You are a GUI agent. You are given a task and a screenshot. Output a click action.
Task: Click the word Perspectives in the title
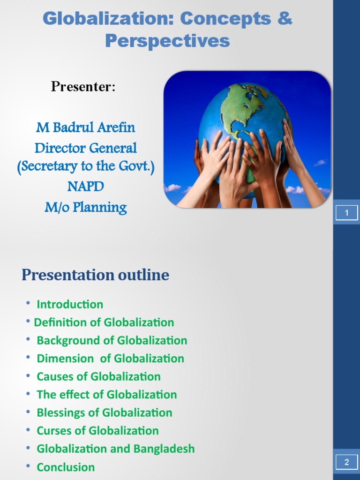[167, 41]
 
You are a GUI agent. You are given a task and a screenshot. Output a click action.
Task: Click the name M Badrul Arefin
[85, 127]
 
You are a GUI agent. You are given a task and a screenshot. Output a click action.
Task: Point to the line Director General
[86, 148]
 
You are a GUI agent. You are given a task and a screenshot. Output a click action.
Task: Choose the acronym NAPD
[85, 187]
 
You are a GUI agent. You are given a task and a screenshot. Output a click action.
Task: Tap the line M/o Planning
[86, 207]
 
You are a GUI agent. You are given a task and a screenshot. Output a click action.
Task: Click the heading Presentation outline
[95, 275]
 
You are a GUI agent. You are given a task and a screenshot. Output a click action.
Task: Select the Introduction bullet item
[70, 304]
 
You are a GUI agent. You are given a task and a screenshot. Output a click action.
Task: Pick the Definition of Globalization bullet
[104, 322]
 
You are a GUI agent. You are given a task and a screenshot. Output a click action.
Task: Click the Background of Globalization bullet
[112, 340]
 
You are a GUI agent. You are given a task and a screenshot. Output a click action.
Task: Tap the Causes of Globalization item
[98, 376]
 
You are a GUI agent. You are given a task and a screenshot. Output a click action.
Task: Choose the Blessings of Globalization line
[105, 412]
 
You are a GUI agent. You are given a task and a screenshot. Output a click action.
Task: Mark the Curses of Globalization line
[97, 430]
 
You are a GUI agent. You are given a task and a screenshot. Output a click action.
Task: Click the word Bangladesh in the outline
[164, 449]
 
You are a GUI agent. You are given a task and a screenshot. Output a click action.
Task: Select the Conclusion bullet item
[66, 467]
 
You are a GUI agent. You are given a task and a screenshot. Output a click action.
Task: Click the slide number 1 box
[346, 213]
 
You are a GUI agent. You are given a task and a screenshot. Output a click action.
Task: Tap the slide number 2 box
[346, 462]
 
